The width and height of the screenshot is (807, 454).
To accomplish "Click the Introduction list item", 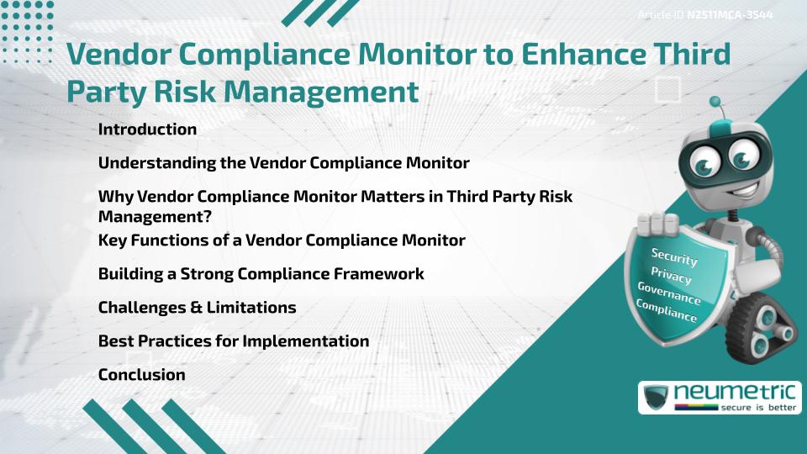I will point(147,129).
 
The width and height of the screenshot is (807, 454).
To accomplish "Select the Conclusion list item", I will point(141,375).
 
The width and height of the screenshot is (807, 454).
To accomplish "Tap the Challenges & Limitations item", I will point(197,308).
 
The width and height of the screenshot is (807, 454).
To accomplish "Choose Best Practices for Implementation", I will point(234,341).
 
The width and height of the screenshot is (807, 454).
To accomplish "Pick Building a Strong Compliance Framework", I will point(261,274).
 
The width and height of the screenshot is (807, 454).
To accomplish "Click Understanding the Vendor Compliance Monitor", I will point(283,162).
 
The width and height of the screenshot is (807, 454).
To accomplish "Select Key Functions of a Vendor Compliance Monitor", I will point(282,240).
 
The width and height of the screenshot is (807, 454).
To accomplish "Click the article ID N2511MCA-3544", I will point(729,15).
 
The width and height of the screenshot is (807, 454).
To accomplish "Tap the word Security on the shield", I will point(674,256).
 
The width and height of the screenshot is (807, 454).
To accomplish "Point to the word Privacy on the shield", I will point(671,276).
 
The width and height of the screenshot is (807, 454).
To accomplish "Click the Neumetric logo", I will point(719,397).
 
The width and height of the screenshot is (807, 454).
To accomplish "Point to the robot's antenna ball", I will point(715,102).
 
